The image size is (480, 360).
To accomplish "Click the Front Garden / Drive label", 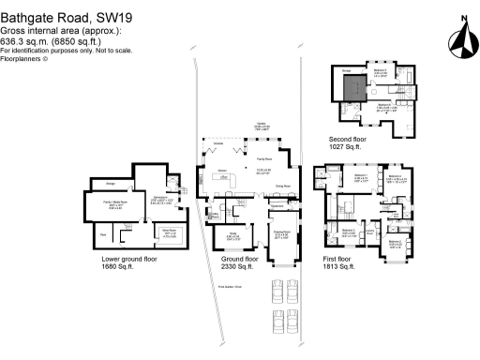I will coord(231,286).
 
